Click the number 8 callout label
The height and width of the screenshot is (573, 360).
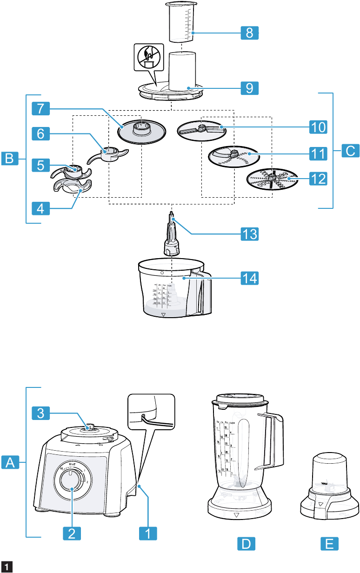[x=250, y=33]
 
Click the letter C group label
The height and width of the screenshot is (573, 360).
[x=350, y=151]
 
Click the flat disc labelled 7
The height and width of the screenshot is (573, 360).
[x=141, y=131]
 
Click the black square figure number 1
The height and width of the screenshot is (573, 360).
[x=7, y=567]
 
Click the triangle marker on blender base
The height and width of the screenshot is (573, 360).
[x=237, y=515]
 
